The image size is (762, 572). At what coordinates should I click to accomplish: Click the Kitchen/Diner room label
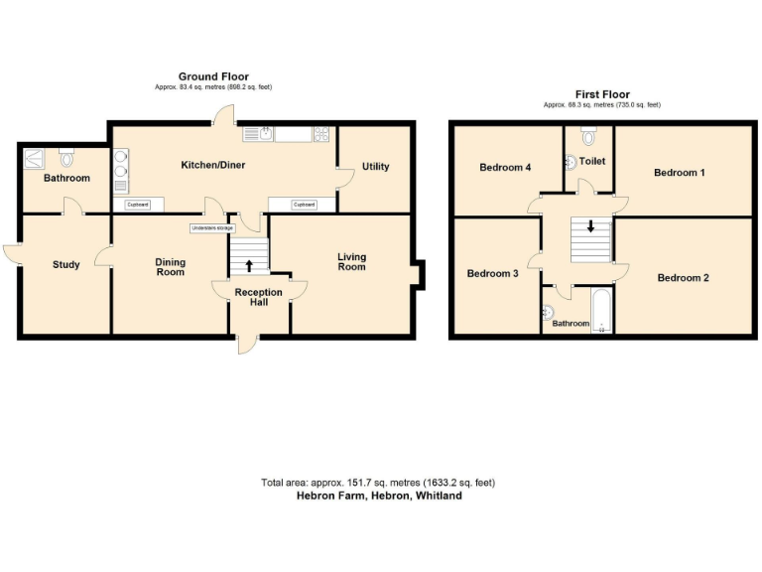(213, 165)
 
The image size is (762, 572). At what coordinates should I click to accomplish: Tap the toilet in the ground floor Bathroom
(67, 156)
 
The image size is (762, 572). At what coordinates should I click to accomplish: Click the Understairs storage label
(213, 228)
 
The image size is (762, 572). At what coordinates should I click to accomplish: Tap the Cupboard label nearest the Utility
(304, 205)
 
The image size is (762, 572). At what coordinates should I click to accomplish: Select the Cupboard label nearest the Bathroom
(138, 205)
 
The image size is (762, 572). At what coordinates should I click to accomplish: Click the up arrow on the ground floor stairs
(248, 265)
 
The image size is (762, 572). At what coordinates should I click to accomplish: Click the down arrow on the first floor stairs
(591, 227)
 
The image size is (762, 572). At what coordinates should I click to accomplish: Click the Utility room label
(375, 166)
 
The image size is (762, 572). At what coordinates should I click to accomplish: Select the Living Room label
(351, 262)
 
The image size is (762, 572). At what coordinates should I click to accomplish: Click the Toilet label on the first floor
(592, 161)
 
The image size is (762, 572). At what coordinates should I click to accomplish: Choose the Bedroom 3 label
(493, 273)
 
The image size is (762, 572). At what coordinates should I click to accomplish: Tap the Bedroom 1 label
(680, 173)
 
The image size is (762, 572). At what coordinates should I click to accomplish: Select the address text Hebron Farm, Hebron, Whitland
(379, 496)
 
